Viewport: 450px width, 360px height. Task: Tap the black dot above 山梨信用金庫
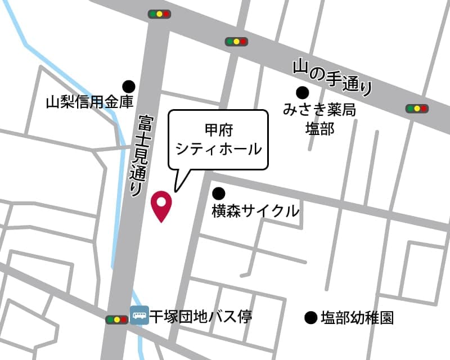(x=129, y=86)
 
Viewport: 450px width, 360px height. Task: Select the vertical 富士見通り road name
(x=138, y=155)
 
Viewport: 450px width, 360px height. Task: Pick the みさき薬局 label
(x=319, y=110)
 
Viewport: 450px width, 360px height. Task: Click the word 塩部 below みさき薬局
(x=319, y=129)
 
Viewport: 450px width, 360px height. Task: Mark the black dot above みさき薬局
(x=303, y=92)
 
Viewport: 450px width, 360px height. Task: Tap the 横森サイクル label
(x=255, y=211)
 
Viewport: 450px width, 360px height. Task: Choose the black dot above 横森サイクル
(x=218, y=193)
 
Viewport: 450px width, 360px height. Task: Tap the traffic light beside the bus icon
(x=116, y=319)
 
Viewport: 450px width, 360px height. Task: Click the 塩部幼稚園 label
(x=357, y=318)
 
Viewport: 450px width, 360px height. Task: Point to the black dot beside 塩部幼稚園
(x=310, y=318)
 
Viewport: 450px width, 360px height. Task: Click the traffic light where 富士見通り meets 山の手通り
(x=159, y=13)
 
